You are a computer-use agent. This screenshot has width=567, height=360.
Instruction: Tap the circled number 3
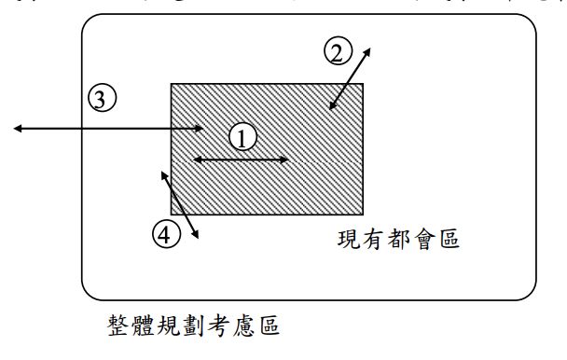[x=101, y=96]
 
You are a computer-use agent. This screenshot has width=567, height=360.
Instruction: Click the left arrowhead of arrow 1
[x=194, y=160]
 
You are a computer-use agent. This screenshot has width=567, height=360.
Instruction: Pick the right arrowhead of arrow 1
[x=286, y=160]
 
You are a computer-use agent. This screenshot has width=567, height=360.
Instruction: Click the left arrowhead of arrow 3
[x=16, y=128]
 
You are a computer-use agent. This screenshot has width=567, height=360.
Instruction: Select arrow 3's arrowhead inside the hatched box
[x=202, y=128]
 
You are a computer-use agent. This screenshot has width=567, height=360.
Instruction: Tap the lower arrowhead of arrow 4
[x=197, y=239]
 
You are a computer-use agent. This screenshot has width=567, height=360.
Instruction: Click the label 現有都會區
[x=398, y=241]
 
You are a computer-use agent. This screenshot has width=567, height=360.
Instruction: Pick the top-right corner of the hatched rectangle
[x=363, y=84]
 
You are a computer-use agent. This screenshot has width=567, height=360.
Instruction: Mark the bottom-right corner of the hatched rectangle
[x=363, y=214]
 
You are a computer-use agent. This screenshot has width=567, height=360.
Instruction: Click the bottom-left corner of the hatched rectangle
[x=171, y=214]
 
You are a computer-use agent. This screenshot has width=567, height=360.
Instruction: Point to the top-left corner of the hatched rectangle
[x=171, y=84]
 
